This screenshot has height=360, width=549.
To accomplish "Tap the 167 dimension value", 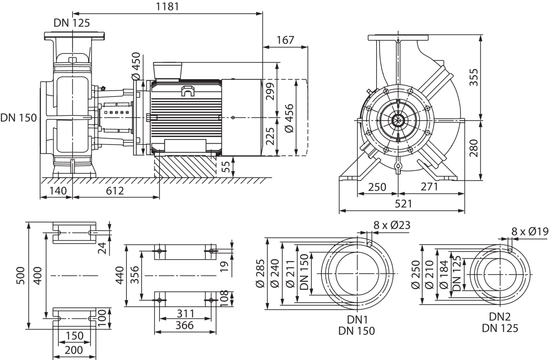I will (x=285, y=40).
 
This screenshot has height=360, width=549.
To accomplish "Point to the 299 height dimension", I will (x=270, y=91).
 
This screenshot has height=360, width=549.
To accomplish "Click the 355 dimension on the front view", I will (x=473, y=77).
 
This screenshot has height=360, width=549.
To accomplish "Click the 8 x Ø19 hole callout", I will (x=530, y=232).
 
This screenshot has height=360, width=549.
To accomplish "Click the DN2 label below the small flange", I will (x=500, y=317).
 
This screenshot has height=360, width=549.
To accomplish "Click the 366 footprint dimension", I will (x=185, y=326).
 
